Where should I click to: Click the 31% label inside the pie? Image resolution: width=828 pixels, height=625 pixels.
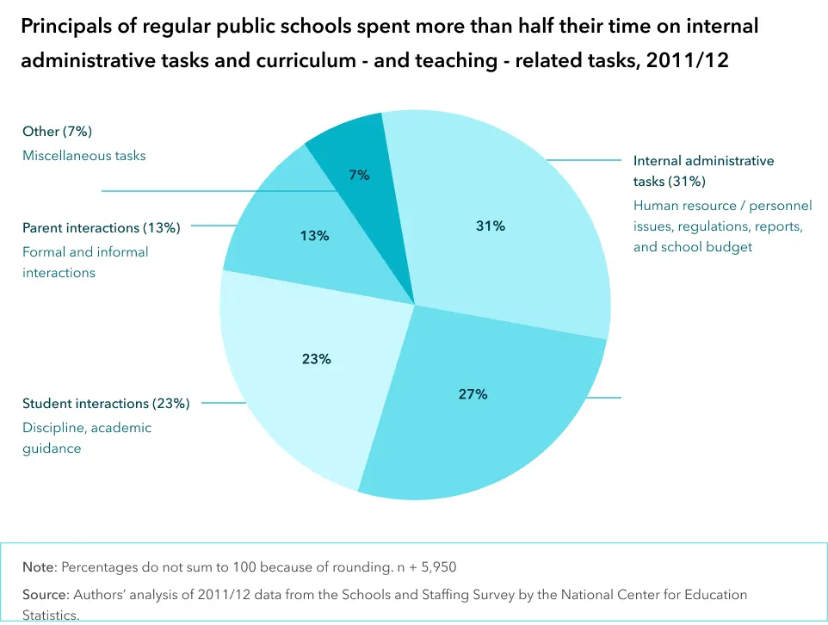click(x=490, y=226)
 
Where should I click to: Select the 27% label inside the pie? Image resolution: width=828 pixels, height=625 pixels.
click(x=473, y=394)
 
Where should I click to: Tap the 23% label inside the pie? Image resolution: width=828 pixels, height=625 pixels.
click(x=316, y=359)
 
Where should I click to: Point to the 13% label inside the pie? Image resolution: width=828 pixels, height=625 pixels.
click(x=314, y=235)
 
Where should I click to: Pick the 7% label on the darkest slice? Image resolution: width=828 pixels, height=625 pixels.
click(x=359, y=175)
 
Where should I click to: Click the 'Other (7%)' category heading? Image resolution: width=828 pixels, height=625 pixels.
click(x=57, y=132)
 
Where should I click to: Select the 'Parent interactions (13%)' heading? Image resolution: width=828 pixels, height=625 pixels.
click(x=101, y=228)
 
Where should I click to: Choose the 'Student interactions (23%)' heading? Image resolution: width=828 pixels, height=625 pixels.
click(x=106, y=404)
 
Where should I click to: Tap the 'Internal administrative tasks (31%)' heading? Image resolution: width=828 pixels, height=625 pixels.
click(x=703, y=171)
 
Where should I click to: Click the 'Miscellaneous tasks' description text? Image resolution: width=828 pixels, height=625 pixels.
click(x=83, y=156)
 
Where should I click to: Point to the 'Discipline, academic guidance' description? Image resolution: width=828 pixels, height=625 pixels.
click(x=86, y=438)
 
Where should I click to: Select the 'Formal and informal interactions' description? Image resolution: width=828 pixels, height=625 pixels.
click(x=84, y=263)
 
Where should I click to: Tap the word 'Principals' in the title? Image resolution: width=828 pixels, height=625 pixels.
click(x=66, y=27)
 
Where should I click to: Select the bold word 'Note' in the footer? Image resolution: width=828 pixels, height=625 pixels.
click(x=39, y=567)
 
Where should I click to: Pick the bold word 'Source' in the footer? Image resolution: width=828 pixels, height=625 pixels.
click(x=45, y=595)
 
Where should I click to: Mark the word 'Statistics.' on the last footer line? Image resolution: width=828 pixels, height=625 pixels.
click(x=51, y=615)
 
